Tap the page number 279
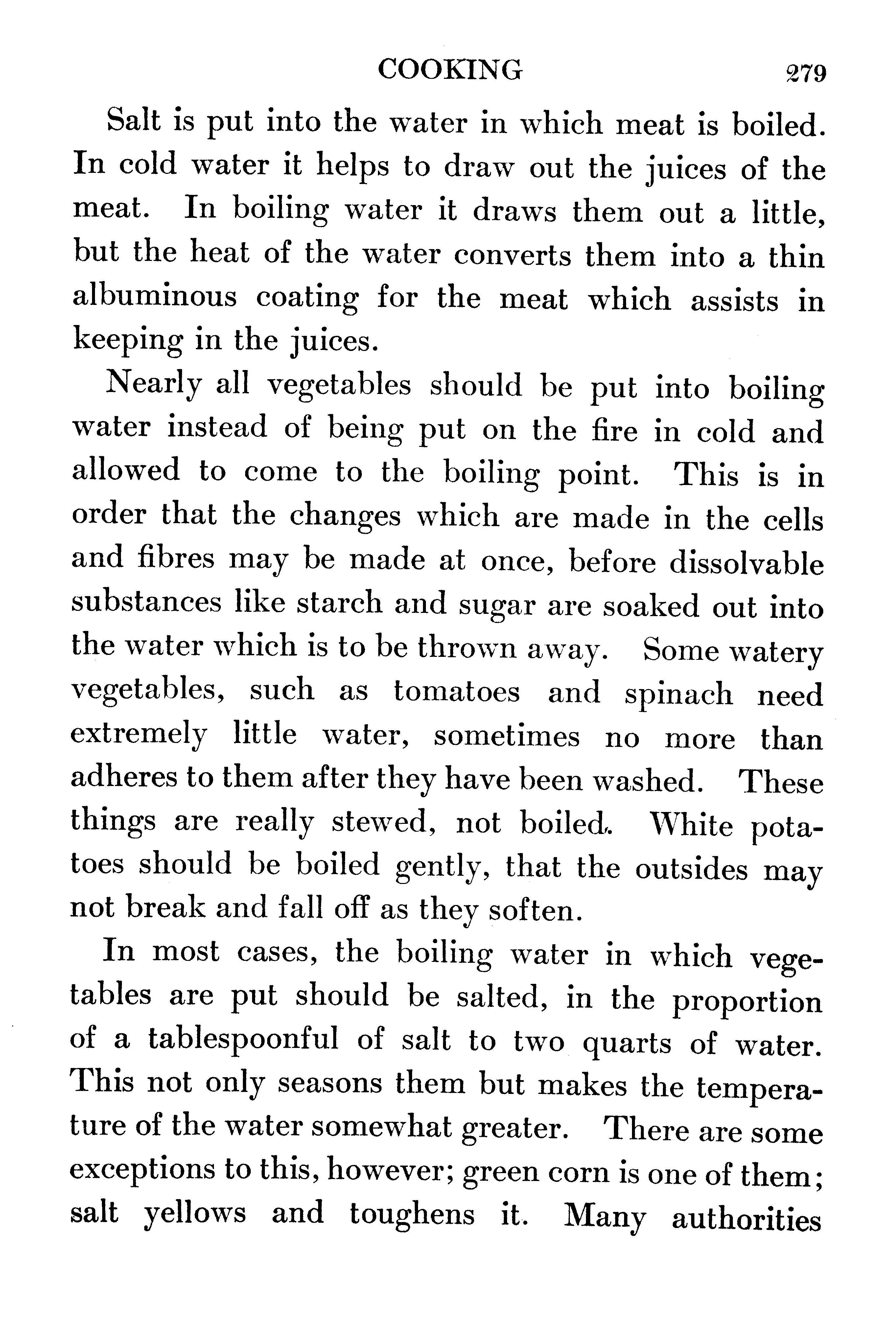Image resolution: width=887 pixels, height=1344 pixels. tap(805, 74)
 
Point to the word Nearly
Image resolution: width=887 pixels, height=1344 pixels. tap(153, 386)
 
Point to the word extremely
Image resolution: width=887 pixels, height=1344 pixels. tap(139, 736)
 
